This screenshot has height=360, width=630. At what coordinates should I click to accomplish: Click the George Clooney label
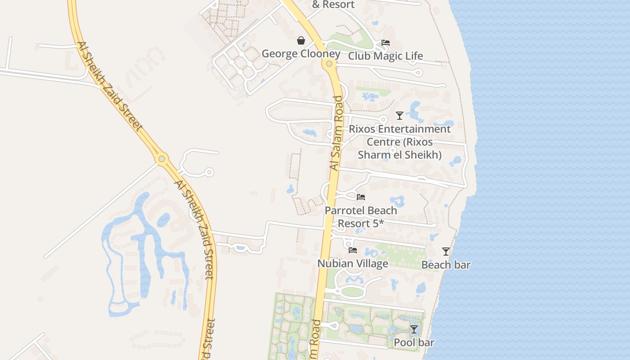(x=301, y=54)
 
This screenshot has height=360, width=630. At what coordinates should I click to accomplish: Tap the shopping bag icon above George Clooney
(x=301, y=41)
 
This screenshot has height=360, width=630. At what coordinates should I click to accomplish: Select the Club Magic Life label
(x=385, y=56)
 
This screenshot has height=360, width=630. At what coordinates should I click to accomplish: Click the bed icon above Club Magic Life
(x=386, y=43)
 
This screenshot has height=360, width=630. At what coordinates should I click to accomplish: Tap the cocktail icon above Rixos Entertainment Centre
(x=399, y=116)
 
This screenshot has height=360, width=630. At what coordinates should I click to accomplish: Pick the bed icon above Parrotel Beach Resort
(x=360, y=197)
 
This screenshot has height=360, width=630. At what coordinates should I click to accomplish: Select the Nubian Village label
(x=353, y=264)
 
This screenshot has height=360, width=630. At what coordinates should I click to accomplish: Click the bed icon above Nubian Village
(x=353, y=250)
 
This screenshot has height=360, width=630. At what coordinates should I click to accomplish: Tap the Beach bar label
(x=445, y=265)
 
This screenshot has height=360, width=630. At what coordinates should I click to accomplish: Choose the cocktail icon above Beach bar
(x=445, y=252)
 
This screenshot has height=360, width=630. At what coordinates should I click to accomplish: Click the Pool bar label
(x=414, y=343)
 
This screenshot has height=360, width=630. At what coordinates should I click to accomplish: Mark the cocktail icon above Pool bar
(x=414, y=329)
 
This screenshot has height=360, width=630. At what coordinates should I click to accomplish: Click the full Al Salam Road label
(x=337, y=133)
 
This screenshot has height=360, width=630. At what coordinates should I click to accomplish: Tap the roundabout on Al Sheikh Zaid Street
(x=162, y=158)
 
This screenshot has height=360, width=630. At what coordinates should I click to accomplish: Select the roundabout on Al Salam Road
(x=329, y=63)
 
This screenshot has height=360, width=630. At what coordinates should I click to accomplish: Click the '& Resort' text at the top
(x=333, y=5)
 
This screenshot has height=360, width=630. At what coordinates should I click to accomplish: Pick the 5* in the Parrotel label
(x=379, y=223)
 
